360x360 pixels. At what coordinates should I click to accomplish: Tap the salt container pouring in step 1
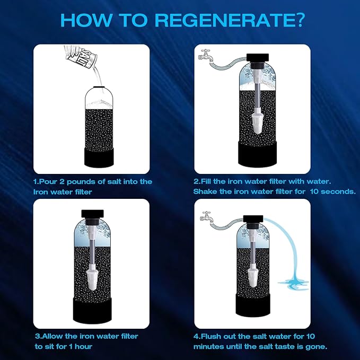pyautogui.click(x=79, y=58)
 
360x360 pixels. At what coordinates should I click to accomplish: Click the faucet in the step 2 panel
pyautogui.click(x=205, y=54)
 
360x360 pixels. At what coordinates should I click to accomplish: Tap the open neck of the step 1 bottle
pyautogui.click(x=98, y=87)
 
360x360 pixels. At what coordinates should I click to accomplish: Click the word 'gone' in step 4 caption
pyautogui.click(x=317, y=346)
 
